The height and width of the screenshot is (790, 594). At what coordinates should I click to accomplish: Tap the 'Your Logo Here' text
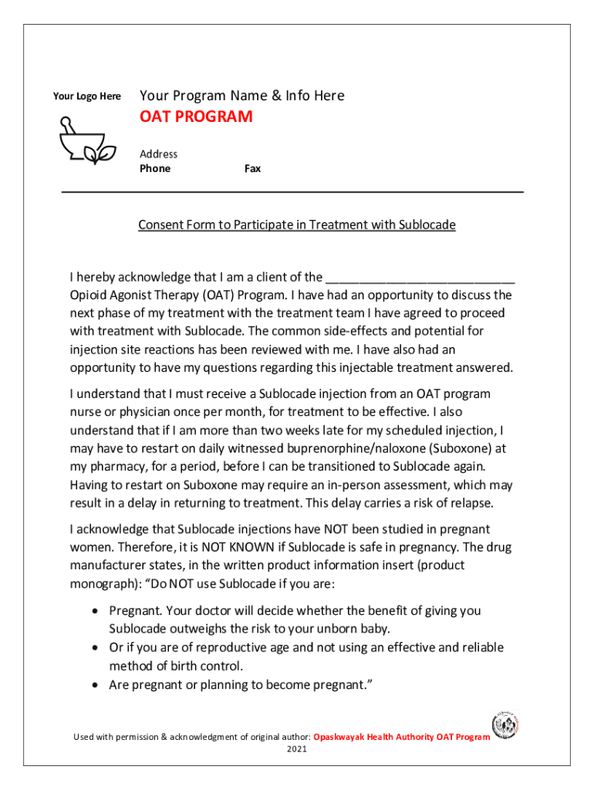click(86, 96)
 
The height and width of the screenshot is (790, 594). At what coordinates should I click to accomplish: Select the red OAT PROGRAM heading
click(196, 116)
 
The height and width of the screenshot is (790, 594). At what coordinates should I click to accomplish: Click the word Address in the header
click(158, 154)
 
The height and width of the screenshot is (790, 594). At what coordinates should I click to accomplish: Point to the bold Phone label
click(155, 168)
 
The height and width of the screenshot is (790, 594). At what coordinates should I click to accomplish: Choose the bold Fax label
click(252, 168)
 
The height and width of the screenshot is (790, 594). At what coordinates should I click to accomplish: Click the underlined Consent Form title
click(297, 225)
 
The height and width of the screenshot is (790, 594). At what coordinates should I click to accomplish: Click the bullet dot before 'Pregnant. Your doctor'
click(94, 611)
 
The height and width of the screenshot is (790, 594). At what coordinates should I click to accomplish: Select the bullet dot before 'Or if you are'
click(94, 648)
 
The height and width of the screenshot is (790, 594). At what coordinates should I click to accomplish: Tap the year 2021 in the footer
click(297, 749)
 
